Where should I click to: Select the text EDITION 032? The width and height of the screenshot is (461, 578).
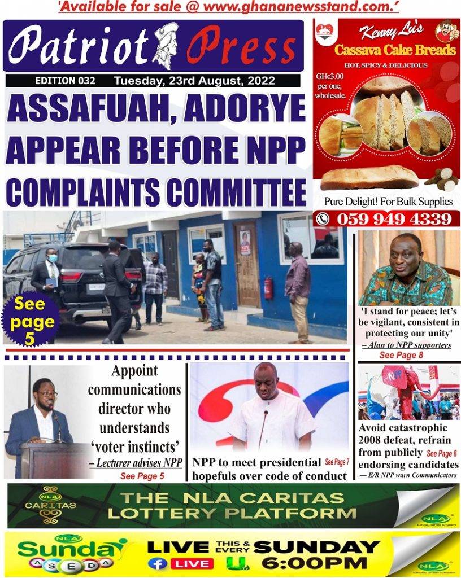pyautogui.click(x=65, y=81)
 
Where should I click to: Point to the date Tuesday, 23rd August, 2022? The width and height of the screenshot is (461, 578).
pyautogui.click(x=194, y=81)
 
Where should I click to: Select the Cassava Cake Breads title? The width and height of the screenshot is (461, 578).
pyautogui.click(x=394, y=50)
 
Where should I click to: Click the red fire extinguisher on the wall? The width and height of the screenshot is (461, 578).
pyautogui.click(x=269, y=287)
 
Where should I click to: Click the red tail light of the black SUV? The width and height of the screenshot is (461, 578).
pyautogui.click(x=71, y=276)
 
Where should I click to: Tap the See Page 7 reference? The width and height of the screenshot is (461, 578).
pyautogui.click(x=337, y=462)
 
